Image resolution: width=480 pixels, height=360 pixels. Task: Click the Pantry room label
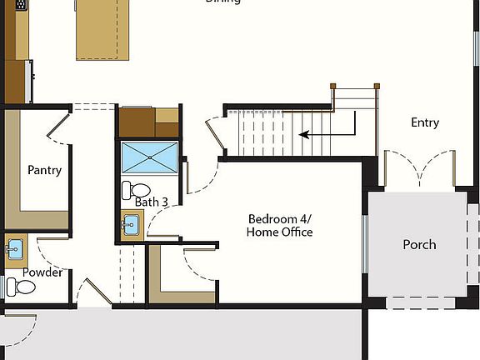(x=44, y=170)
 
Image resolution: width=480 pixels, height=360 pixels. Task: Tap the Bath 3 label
(x=152, y=202)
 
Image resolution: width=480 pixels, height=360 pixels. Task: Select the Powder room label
(x=42, y=272)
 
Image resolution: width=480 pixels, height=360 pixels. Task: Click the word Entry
(x=425, y=122)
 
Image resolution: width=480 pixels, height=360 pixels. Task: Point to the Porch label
(x=419, y=244)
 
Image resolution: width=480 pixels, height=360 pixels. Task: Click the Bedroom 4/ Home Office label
(x=280, y=226)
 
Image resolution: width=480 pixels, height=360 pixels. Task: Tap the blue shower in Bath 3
(x=150, y=156)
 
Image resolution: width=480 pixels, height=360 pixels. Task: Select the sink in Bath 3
(x=131, y=224)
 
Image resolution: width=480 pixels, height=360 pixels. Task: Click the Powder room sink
(x=14, y=247)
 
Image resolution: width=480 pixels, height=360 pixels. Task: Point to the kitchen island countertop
(x=102, y=29)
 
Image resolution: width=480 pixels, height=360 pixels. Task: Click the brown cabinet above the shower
(x=148, y=122)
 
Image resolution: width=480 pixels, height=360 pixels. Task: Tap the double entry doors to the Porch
(x=419, y=170)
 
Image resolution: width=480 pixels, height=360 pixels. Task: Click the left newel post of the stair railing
(x=332, y=86)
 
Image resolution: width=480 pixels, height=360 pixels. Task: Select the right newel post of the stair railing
(x=377, y=86)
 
